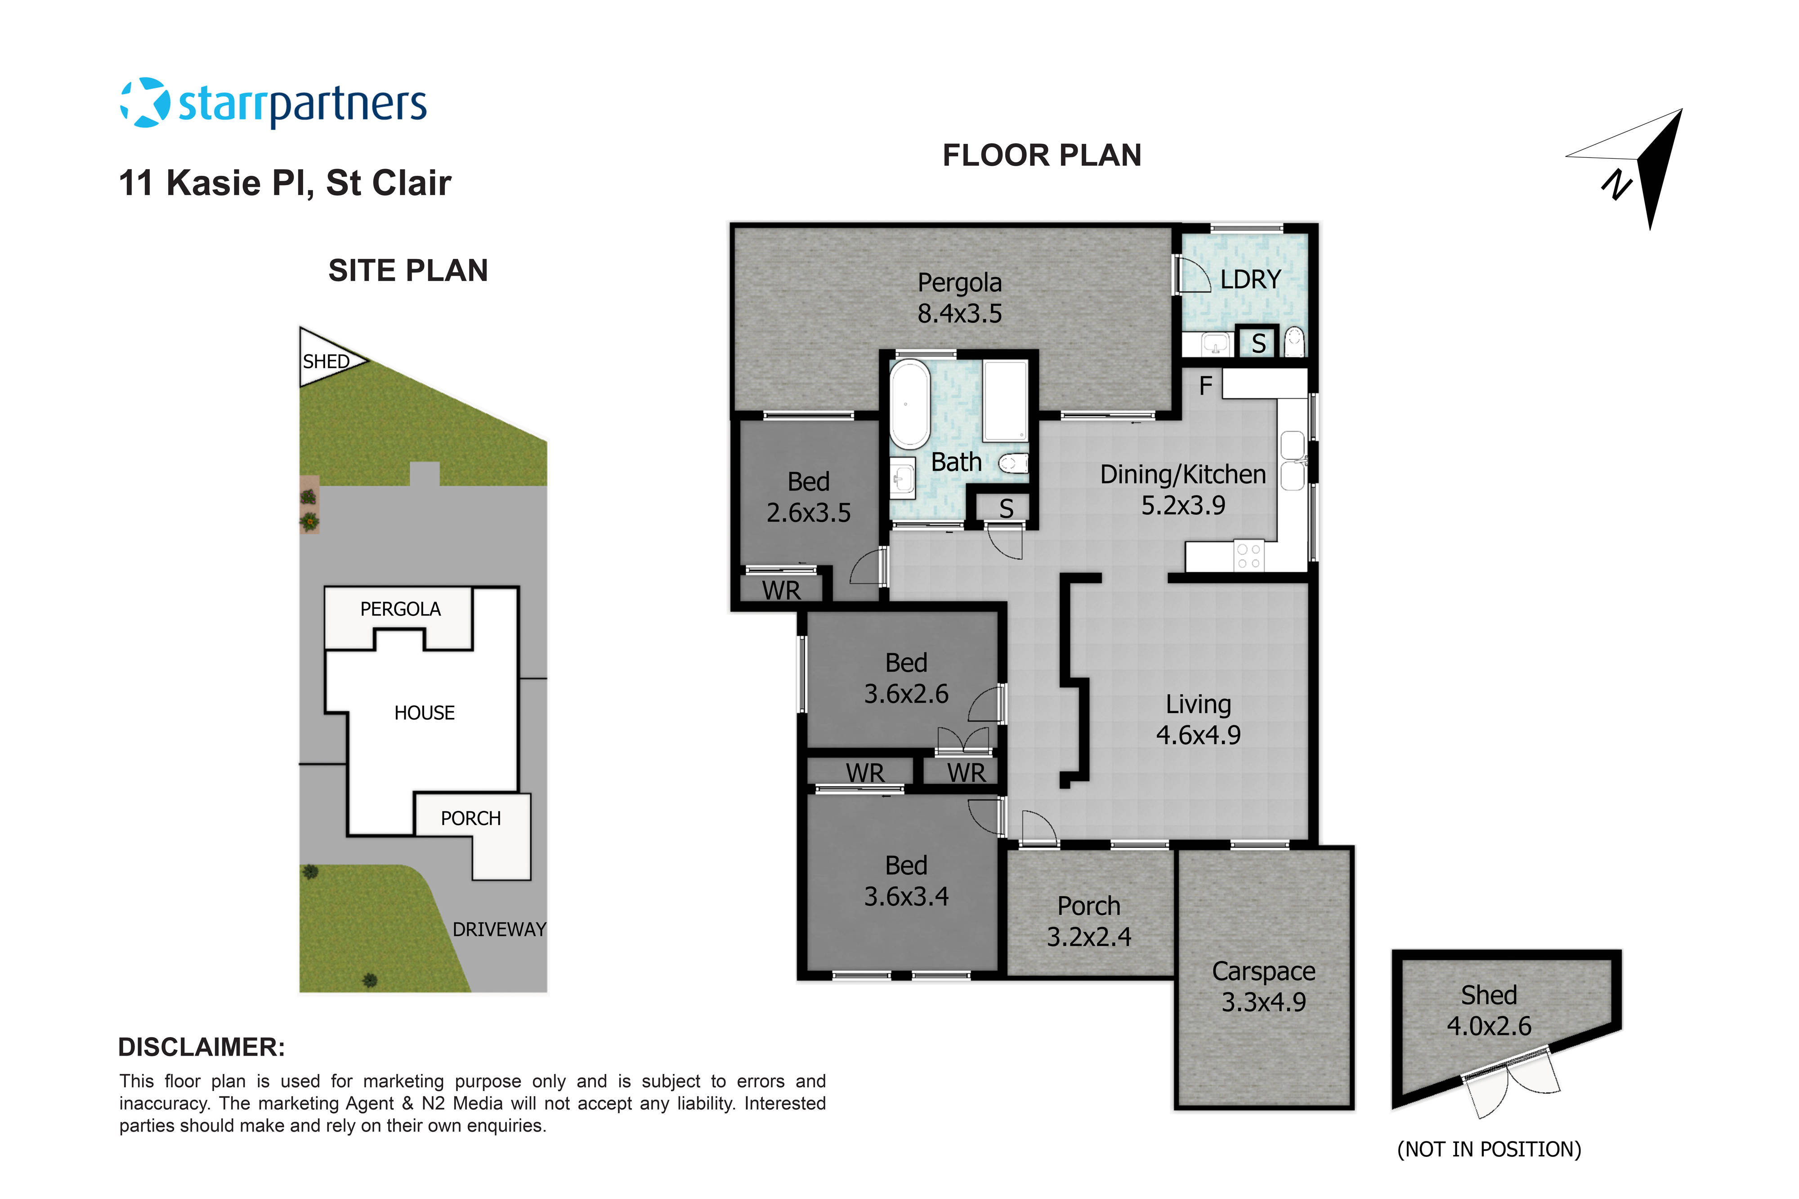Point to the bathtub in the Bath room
[x=908, y=404]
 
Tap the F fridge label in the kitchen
[x=1205, y=386]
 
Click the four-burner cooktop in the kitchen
[x=1249, y=556]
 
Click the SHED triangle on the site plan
[x=325, y=359]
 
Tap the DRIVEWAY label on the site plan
[x=499, y=929]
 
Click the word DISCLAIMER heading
[x=201, y=1047]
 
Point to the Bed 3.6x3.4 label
[x=906, y=880]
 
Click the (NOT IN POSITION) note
[x=1489, y=1149]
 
